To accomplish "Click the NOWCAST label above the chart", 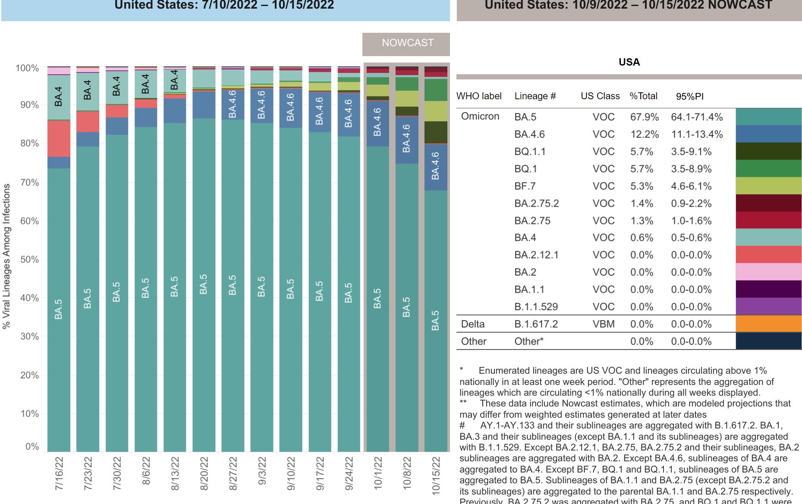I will pos(407,43).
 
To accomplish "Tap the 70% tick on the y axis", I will pos(29,183).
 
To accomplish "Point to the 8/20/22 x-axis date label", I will pos(204,473).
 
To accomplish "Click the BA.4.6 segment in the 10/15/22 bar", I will pos(436,167).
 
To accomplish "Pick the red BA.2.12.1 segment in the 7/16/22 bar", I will pos(59,138).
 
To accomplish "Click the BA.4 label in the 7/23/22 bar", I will pos(88,90).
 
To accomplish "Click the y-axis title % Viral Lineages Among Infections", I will pos(6,256).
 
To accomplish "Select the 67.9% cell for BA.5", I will pos(644,117).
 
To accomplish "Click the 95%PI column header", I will pos(689,96).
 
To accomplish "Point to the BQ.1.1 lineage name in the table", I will pos(530,151).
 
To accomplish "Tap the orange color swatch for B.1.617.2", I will pos(768,324).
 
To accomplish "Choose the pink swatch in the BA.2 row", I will pos(768,272).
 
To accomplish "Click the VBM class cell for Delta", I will pos(603,324).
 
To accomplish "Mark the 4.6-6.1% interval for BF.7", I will pos(691,186).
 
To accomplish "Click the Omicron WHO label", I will pos(480,117).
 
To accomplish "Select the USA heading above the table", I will pos(629,62).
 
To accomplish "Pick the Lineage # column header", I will pos(535,96).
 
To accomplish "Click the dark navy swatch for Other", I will pos(768,341).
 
